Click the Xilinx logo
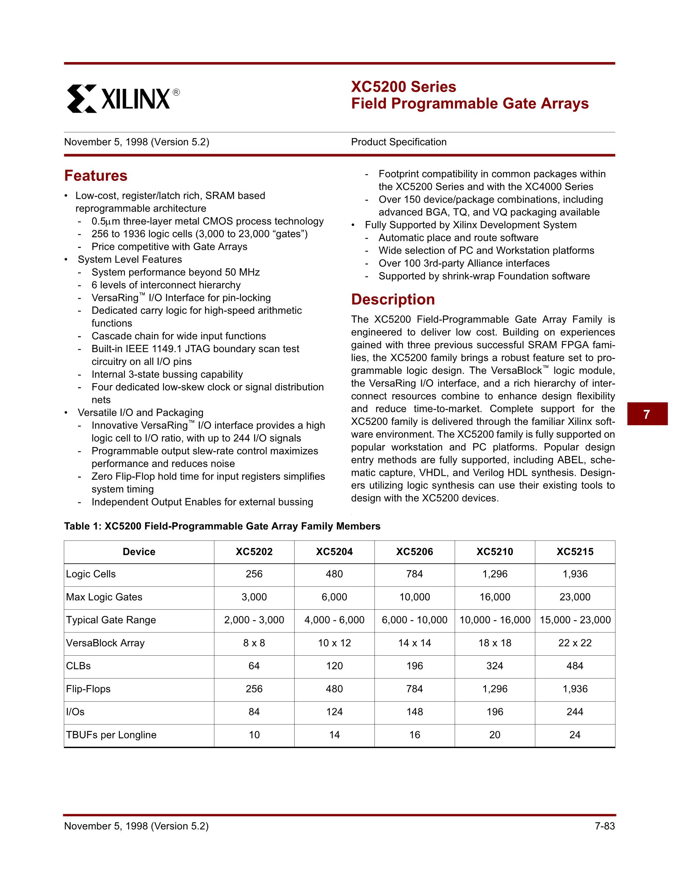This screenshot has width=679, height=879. pos(123,98)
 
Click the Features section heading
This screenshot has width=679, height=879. pos(96,176)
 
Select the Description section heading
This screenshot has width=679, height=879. pos(393,299)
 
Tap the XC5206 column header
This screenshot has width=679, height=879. pos(414,552)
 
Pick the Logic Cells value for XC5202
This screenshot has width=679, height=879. pos(254,574)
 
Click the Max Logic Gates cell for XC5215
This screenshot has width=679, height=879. pos(575,597)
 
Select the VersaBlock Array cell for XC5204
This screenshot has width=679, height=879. pos(334,643)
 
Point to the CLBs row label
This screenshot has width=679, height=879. pos(78,666)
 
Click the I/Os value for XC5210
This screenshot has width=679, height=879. pos(495,712)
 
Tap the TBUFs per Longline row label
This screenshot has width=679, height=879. pos(111,735)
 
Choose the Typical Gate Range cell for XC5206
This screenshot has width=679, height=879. pos(414,620)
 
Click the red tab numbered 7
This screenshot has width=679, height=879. pos(647,414)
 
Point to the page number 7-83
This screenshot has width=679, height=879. pos(604,826)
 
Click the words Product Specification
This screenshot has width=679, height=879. pos(399,142)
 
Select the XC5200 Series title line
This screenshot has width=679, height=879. pos(403,87)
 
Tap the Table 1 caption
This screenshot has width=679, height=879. pos(222,526)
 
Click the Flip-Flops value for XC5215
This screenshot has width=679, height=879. pos(575,689)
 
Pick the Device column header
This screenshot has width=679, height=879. pos(139,552)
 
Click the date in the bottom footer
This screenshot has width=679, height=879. pos(136,826)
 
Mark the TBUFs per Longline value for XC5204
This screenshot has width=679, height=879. pos(334,735)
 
